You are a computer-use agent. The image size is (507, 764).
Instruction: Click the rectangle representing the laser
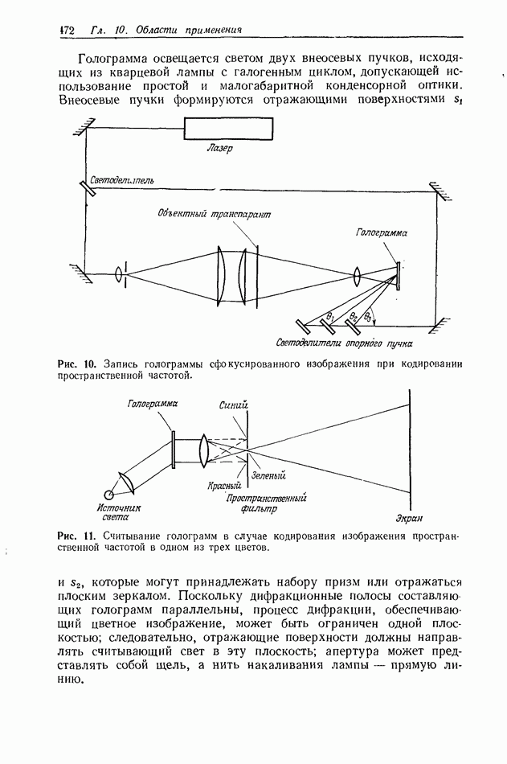(x=228, y=128)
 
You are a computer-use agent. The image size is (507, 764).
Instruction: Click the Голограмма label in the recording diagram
(x=382, y=232)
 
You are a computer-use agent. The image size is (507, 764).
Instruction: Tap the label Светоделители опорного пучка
(x=338, y=343)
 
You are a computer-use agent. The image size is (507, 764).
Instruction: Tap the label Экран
(x=409, y=516)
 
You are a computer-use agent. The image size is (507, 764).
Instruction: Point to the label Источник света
(x=119, y=513)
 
